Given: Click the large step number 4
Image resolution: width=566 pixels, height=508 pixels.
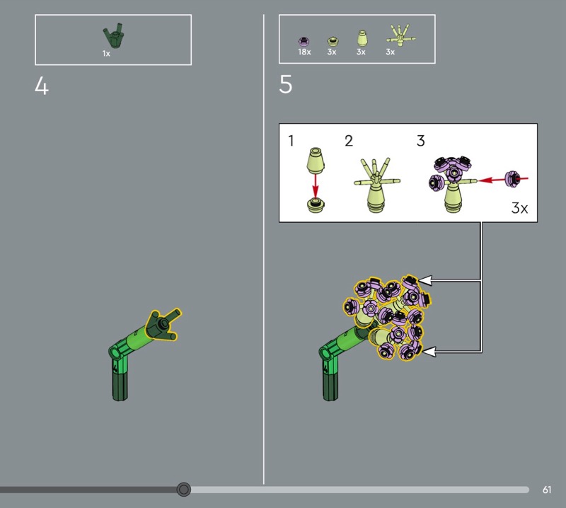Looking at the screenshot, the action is pyautogui.click(x=42, y=86).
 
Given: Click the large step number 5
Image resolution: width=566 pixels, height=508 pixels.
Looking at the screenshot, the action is pyautogui.click(x=286, y=84).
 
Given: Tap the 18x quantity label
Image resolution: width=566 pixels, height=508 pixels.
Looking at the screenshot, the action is pyautogui.click(x=304, y=52).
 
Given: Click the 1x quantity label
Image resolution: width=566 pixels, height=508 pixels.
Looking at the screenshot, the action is pyautogui.click(x=106, y=54).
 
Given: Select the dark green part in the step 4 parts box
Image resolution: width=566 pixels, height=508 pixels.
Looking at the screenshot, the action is pyautogui.click(x=113, y=36).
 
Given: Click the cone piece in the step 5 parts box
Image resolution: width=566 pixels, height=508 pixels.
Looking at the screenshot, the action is pyautogui.click(x=362, y=38).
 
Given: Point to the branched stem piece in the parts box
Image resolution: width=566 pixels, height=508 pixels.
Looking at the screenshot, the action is pyautogui.click(x=400, y=35).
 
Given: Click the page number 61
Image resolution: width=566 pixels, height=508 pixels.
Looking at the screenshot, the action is pyautogui.click(x=547, y=490).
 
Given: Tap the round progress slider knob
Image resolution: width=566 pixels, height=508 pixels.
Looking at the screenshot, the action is pyautogui.click(x=184, y=490).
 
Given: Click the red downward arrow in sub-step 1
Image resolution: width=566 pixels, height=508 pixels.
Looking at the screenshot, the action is pyautogui.click(x=316, y=186).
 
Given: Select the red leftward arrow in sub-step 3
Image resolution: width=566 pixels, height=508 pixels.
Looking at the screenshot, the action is pyautogui.click(x=503, y=180).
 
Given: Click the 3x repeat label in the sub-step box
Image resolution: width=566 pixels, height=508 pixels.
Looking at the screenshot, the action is pyautogui.click(x=519, y=208).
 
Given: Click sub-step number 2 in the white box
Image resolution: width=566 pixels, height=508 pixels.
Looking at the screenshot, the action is pyautogui.click(x=349, y=141).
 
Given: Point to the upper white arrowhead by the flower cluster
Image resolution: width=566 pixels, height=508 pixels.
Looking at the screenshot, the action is pyautogui.click(x=424, y=280).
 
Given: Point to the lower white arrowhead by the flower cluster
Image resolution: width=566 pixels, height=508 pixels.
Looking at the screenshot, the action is pyautogui.click(x=429, y=352).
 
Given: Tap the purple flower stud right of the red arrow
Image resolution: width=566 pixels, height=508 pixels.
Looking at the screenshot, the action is pyautogui.click(x=513, y=180).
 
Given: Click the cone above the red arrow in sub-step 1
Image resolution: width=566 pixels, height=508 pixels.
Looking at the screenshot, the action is pyautogui.click(x=316, y=160).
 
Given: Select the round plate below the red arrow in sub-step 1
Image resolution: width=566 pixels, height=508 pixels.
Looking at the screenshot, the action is pyautogui.click(x=316, y=204).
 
